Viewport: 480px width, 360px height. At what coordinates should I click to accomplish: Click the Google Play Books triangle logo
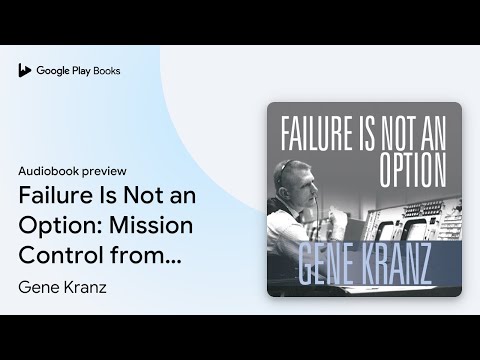click(x=24, y=71)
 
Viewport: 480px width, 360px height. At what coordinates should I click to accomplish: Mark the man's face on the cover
click(x=301, y=190)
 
